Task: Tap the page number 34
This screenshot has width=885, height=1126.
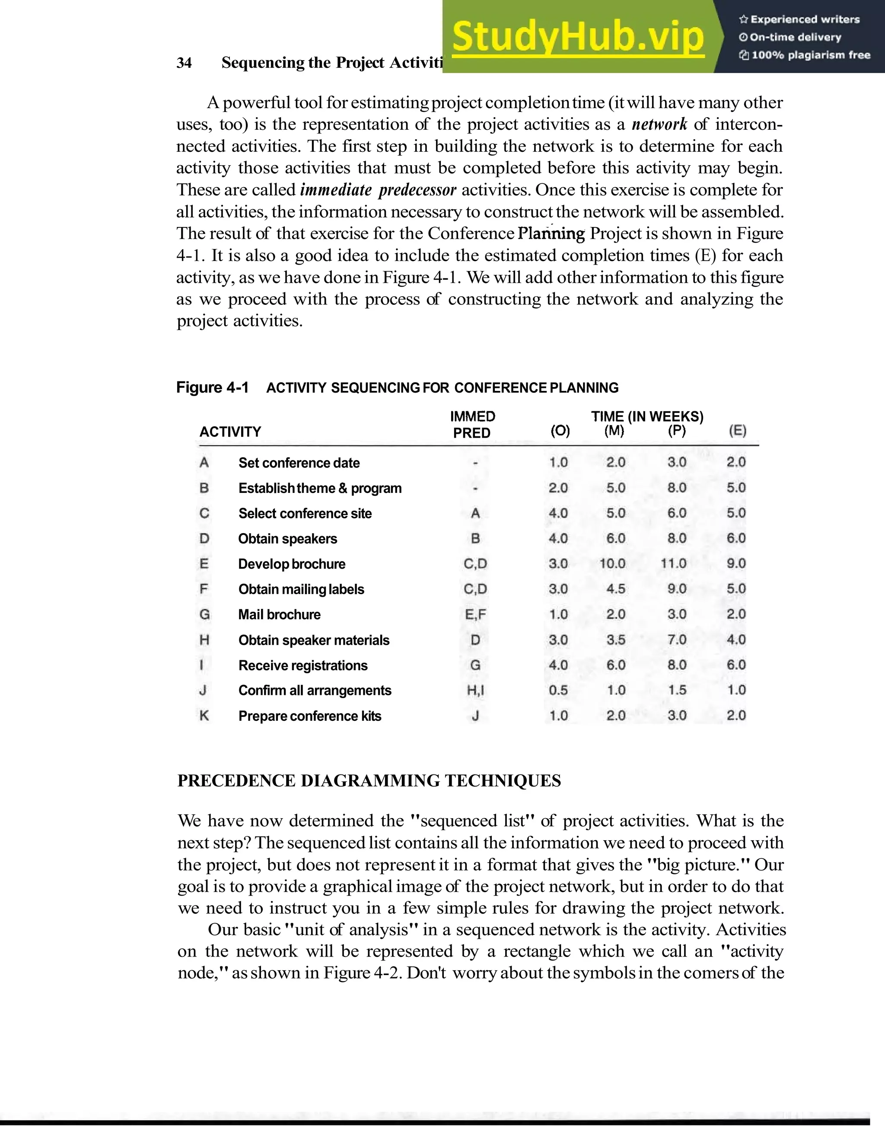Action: click(184, 63)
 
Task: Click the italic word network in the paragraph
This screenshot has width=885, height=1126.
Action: click(659, 125)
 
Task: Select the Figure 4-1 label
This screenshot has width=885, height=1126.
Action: click(213, 387)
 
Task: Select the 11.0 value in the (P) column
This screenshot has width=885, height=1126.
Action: click(673, 563)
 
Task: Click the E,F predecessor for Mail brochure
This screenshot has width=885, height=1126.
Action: click(475, 614)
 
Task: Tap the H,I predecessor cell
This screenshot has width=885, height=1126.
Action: click(475, 690)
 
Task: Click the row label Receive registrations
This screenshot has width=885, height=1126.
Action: click(302, 665)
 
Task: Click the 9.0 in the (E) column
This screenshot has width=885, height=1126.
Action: click(736, 563)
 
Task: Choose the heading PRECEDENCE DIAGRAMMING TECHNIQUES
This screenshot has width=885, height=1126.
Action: click(369, 781)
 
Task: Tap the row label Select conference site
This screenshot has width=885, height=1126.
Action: click(305, 513)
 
